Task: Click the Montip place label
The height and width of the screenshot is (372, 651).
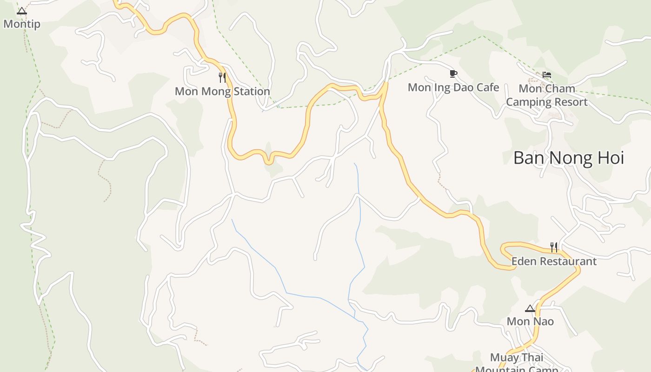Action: [22, 24]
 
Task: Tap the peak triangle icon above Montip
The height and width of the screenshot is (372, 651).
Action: [22, 11]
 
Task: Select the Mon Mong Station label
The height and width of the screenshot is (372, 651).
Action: [222, 91]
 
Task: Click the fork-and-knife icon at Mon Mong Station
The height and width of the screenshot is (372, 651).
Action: [222, 77]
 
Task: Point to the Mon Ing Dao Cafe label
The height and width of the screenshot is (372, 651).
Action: [453, 87]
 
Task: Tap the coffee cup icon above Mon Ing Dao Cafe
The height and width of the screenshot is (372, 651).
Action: [453, 73]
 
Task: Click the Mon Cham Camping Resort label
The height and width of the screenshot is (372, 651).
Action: [547, 95]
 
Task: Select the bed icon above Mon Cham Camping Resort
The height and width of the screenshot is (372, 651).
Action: [547, 74]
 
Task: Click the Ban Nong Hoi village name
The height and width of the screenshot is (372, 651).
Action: [568, 158]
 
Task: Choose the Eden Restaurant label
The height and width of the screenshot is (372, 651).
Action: [554, 261]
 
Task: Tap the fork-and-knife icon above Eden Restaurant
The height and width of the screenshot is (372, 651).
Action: [554, 247]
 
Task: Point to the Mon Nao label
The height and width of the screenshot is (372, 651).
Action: [530, 321]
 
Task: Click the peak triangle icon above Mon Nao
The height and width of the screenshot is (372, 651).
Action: [530, 308]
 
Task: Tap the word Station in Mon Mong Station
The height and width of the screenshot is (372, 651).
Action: [252, 91]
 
